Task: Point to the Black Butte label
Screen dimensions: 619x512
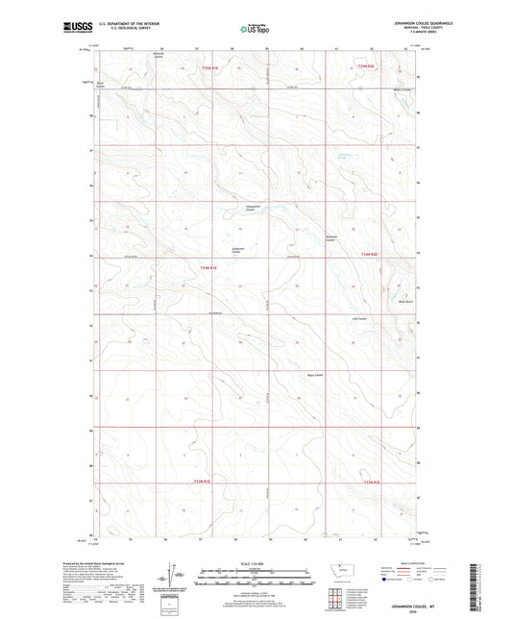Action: [x=405, y=301]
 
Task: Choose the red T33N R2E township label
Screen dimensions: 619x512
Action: [x=371, y=482]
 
